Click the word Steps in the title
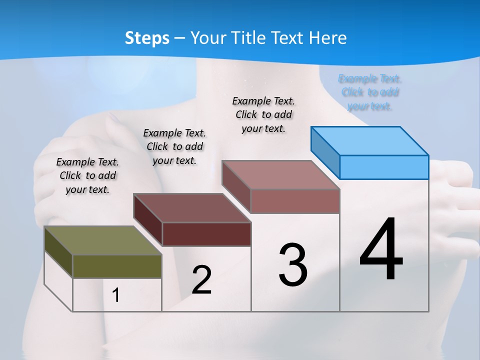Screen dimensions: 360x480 147,38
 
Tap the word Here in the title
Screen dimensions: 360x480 328,38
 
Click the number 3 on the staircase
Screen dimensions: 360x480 293,265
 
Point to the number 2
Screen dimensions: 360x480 201,280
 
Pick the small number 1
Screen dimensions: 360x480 116,295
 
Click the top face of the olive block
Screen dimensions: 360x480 102,240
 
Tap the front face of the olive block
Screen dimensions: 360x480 117,266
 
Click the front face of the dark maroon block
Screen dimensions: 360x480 206,234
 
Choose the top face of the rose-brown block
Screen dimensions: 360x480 280,175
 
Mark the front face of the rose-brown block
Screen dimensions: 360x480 295,201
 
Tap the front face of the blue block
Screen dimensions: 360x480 384,167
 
